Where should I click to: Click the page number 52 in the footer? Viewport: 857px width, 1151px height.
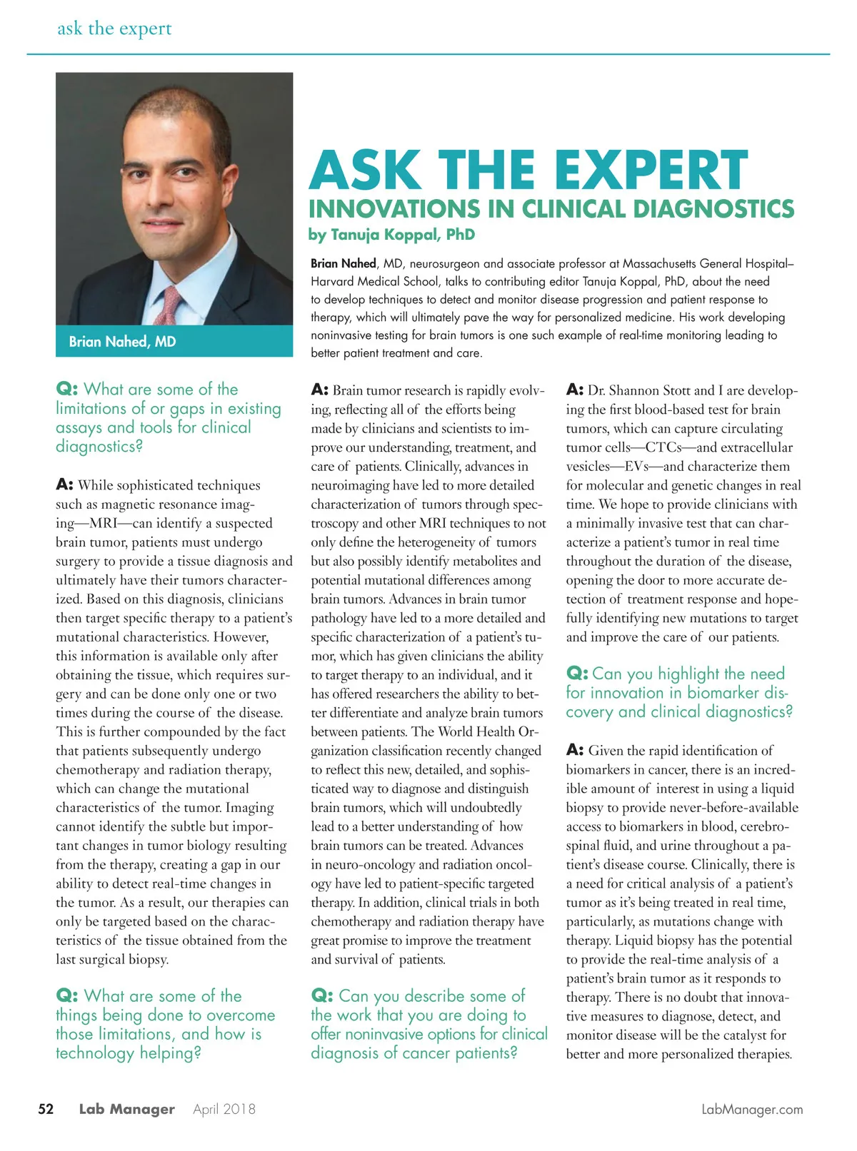click(x=46, y=1109)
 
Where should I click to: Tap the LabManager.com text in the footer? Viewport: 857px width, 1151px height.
click(x=752, y=1110)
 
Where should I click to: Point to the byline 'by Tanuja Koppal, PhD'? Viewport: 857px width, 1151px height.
click(x=391, y=235)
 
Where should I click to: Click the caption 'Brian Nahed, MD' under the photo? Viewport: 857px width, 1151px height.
click(x=122, y=342)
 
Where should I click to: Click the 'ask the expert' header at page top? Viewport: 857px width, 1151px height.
click(x=114, y=29)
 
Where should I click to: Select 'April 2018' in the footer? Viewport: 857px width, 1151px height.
click(x=224, y=1109)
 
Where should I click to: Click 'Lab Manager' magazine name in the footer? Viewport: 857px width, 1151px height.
click(x=126, y=1109)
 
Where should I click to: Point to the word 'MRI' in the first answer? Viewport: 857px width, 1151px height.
click(x=106, y=523)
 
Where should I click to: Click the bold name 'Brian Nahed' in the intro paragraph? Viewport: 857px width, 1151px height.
click(x=344, y=263)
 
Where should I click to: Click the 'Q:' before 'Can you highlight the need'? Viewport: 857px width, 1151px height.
click(x=577, y=674)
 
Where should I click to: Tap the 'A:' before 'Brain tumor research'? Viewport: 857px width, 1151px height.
click(x=319, y=390)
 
